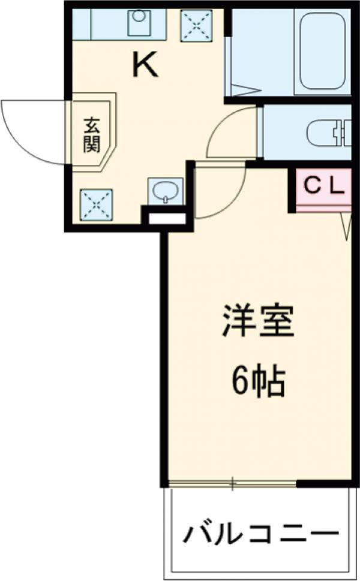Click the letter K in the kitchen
(145, 65)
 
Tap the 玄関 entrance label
(92, 135)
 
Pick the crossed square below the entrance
(96, 204)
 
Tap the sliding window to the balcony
(233, 483)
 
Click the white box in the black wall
(167, 218)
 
